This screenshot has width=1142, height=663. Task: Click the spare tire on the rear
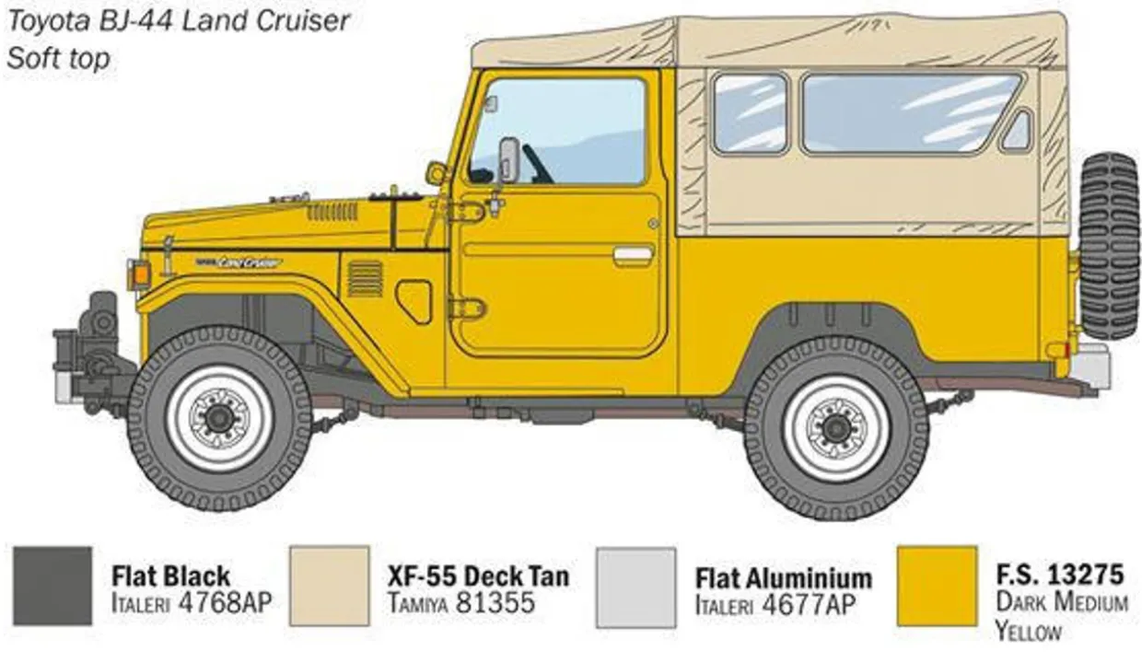(1109, 246)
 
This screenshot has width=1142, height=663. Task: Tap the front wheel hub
(219, 418)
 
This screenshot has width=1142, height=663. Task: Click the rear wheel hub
(835, 427)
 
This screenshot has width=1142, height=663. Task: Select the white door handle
(633, 253)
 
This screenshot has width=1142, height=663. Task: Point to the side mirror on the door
(508, 160)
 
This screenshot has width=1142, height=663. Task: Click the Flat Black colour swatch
(52, 587)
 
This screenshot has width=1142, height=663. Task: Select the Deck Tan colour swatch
(329, 587)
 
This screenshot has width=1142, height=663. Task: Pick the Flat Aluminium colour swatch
(635, 587)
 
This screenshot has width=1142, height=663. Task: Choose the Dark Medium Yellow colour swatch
(936, 587)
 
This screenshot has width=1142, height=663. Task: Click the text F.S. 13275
(1059, 576)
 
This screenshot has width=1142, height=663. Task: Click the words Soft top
(58, 58)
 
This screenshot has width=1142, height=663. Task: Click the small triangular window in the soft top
(1017, 132)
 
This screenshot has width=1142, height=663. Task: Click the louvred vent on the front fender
(366, 278)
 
